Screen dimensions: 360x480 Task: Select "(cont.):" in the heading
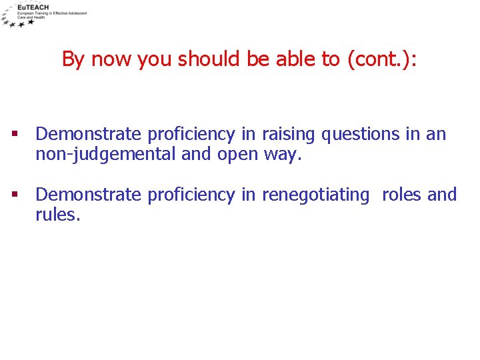[x=381, y=59]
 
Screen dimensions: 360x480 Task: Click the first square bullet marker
[x=15, y=135]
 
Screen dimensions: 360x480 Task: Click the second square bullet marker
[x=15, y=195]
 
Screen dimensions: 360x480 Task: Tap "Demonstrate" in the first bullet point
[x=88, y=135]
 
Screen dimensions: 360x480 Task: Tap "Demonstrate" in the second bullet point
[x=88, y=195]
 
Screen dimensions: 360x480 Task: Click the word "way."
[x=281, y=156]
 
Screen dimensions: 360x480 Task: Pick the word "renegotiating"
[x=315, y=195]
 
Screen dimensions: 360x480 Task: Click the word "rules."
[x=58, y=216]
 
